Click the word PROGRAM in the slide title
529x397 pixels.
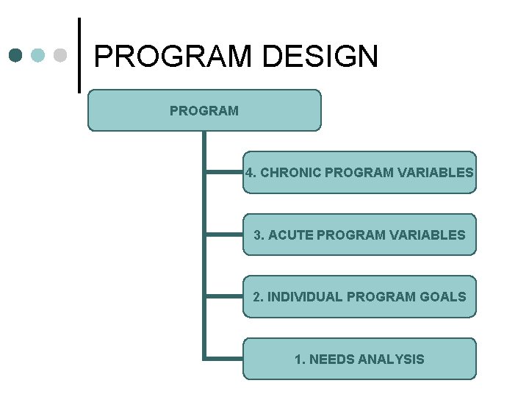[172, 57]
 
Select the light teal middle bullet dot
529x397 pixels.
[39, 55]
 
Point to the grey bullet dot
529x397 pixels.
[61, 55]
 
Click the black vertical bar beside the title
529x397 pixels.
[79, 55]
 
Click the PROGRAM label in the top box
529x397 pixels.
[204, 111]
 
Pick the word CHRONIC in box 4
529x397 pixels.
[291, 173]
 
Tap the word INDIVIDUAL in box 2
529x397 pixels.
[305, 297]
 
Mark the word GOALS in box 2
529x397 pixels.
[443, 297]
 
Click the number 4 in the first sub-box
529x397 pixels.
[250, 173]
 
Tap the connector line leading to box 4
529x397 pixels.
[224, 173]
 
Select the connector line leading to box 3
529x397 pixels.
[224, 235]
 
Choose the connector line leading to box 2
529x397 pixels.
[224, 296]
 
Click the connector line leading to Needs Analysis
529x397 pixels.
[224, 358]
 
